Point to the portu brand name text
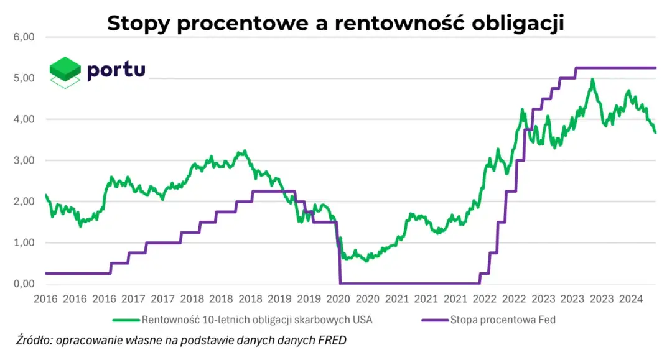coord(116,70)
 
